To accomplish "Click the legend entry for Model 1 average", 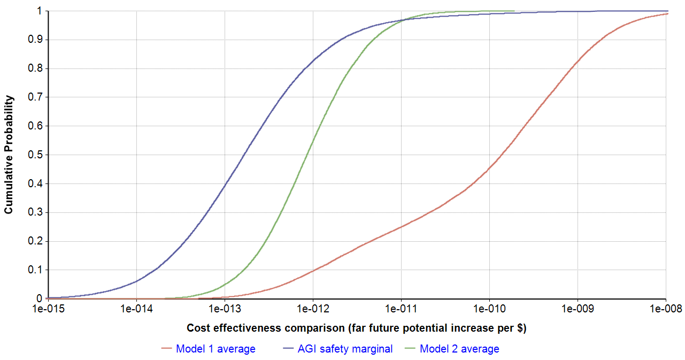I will tap(215, 349).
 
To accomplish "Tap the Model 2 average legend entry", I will tap(459, 349).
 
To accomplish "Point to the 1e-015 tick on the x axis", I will tap(49, 309).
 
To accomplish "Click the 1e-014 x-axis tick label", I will tap(137, 309).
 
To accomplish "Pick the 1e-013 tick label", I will tap(225, 309).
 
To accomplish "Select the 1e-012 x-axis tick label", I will tap(313, 309).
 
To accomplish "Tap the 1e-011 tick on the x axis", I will tap(402, 309).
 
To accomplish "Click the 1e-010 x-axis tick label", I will tap(490, 309).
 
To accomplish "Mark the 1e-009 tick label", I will tap(578, 309).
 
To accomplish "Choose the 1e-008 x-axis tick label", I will tap(666, 309).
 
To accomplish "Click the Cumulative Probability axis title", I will tap(9, 154).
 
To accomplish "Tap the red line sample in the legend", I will tap(167, 349).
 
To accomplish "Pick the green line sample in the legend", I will tap(411, 349).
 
